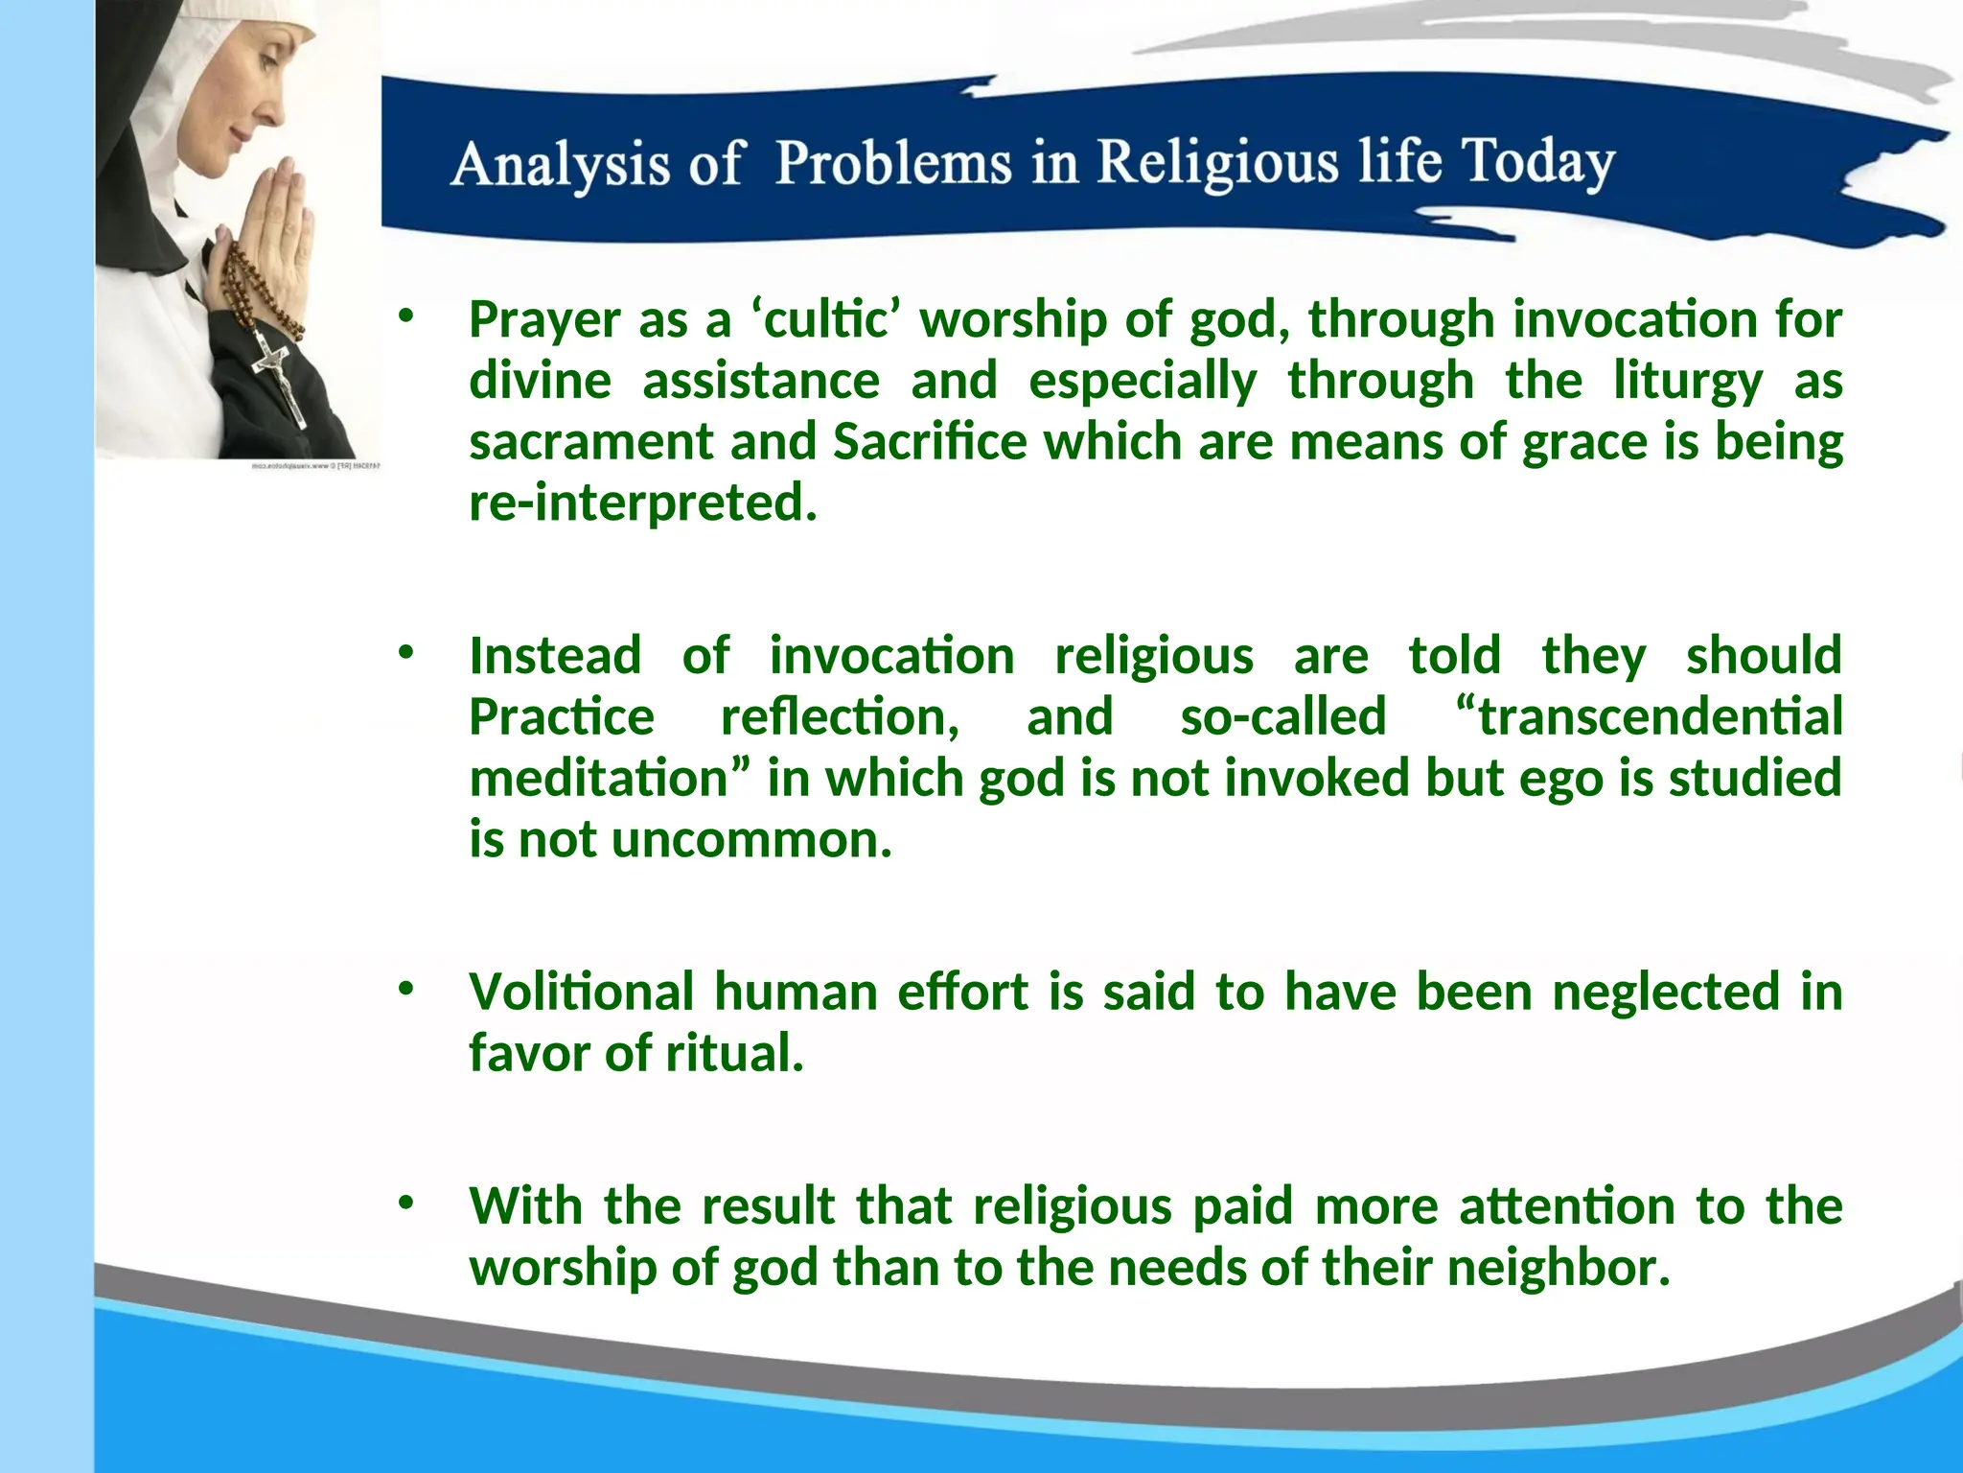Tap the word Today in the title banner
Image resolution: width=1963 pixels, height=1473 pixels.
tap(1537, 162)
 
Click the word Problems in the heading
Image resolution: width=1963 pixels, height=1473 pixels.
tap(892, 162)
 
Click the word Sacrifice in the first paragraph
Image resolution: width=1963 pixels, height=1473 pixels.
tap(930, 443)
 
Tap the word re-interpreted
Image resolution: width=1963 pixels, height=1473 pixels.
tap(642, 503)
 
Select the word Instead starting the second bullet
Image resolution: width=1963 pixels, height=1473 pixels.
tap(555, 657)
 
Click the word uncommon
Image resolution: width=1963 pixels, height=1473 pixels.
tap(751, 840)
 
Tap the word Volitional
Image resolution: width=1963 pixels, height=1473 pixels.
tap(581, 993)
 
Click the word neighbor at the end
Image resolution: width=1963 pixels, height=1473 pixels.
tap(1559, 1268)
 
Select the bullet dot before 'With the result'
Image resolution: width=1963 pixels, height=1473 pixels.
tap(405, 1203)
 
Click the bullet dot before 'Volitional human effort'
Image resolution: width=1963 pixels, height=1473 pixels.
tap(405, 989)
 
